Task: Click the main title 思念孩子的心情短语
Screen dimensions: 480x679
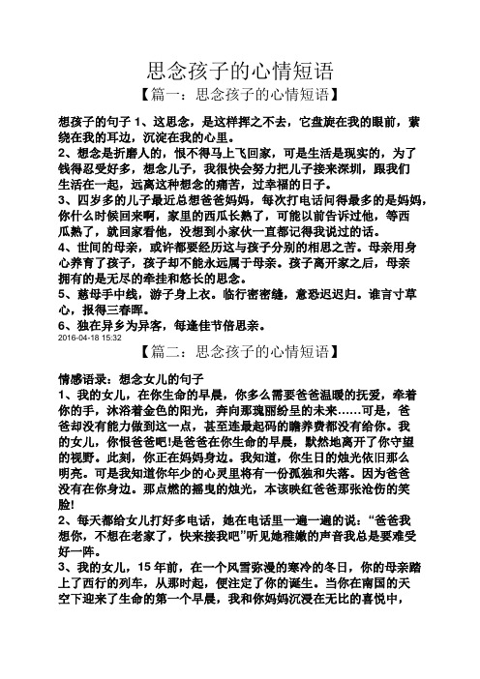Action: tap(239, 70)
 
